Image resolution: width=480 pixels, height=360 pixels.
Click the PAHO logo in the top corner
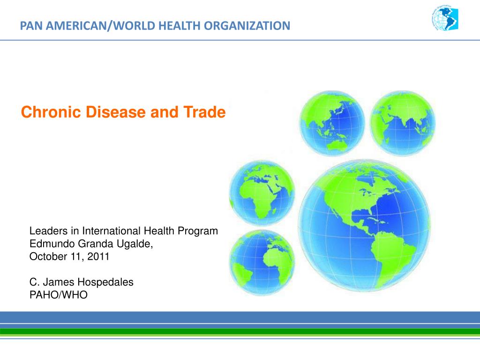444,20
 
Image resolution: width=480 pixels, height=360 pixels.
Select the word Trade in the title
206,112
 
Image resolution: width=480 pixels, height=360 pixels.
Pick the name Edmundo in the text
48,244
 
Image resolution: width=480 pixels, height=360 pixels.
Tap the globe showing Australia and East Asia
332,123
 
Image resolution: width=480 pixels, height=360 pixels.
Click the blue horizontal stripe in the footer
240,317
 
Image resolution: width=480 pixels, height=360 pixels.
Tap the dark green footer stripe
240,331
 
